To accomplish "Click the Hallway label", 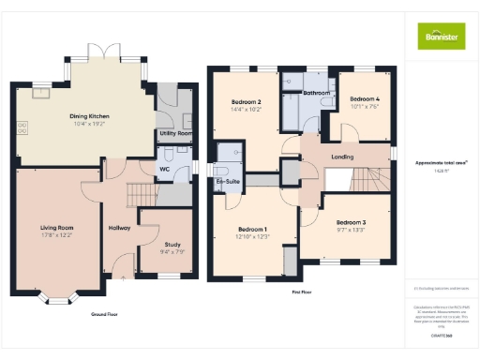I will [x=119, y=228].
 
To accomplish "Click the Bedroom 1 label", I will [x=252, y=229].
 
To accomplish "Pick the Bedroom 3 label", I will [x=351, y=222].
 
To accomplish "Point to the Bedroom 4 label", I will [x=365, y=98].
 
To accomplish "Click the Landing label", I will [x=343, y=157].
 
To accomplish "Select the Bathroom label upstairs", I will [x=316, y=94].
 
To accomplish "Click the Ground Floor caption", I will [x=104, y=313].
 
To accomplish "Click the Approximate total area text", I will [x=442, y=163].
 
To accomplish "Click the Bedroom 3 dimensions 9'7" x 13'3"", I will [x=351, y=230].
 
